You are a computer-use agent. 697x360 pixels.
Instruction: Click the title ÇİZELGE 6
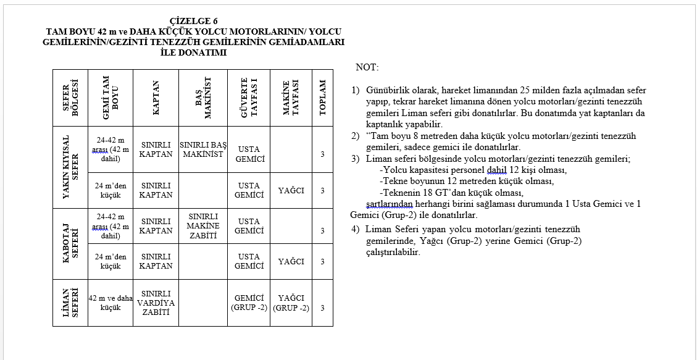pyautogui.click(x=193, y=22)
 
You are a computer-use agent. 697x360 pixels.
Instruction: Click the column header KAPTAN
pyautogui.click(x=156, y=98)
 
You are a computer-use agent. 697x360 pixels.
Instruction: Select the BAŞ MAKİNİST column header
pyautogui.click(x=203, y=98)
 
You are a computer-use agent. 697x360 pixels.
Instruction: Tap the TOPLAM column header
pyautogui.click(x=322, y=98)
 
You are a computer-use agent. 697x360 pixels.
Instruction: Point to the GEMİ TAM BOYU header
pyautogui.click(x=110, y=98)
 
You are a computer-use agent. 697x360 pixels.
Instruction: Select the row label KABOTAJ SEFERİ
pyautogui.click(x=70, y=244)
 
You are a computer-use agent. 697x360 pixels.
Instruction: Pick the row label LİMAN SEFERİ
pyautogui.click(x=70, y=303)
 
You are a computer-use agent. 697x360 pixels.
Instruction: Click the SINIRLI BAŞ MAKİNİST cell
pyautogui.click(x=203, y=149)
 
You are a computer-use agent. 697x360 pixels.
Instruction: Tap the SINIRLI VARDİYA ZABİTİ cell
pyautogui.click(x=156, y=303)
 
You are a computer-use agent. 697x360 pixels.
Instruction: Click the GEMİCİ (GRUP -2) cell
pyautogui.click(x=249, y=303)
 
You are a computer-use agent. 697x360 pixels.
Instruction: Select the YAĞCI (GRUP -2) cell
pyautogui.click(x=291, y=303)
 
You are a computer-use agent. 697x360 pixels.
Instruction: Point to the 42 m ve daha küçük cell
pyautogui.click(x=111, y=303)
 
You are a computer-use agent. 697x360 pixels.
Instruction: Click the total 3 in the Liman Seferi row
pyautogui.click(x=322, y=308)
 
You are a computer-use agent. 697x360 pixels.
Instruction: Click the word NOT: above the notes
pyautogui.click(x=367, y=67)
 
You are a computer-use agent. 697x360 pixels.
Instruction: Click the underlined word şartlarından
pyautogui.click(x=389, y=204)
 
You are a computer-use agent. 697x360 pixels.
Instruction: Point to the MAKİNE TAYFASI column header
pyautogui.click(x=291, y=98)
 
